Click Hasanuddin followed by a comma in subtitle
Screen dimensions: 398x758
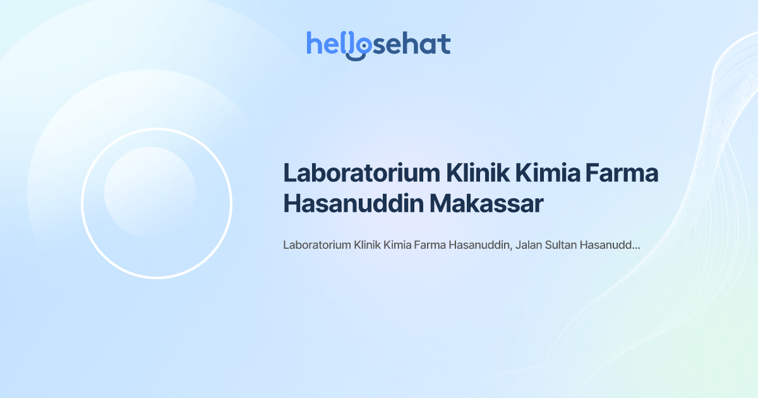pyautogui.click(x=479, y=245)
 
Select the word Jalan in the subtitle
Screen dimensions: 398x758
pyautogui.click(x=528, y=245)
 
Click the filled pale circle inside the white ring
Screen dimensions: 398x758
pyautogui.click(x=150, y=192)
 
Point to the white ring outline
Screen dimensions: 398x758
pyautogui.click(x=82, y=203)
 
